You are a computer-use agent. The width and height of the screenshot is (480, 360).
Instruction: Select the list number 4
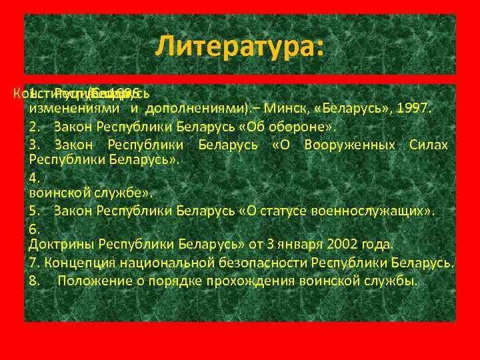pos(35,177)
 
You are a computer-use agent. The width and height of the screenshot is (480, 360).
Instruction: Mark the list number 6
pos(35,229)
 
